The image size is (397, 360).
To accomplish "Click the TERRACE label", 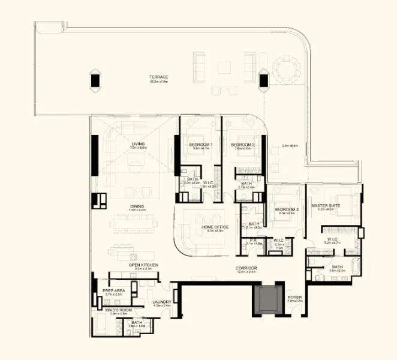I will tap(159, 77).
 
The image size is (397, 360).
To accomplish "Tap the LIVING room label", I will tap(139, 145).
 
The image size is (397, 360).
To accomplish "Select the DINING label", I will tap(137, 206).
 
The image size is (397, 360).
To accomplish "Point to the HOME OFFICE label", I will tap(213, 226).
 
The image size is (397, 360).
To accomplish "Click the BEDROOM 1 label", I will tap(198, 145).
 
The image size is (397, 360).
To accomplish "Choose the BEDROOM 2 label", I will tap(243, 145).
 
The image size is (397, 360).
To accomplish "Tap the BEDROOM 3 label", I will tap(287, 209).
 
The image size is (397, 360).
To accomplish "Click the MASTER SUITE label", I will tap(326, 206).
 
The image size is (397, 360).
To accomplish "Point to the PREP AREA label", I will tap(114, 290).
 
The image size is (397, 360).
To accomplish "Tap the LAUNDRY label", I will tap(162, 302).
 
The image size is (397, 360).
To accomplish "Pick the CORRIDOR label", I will tap(246, 268).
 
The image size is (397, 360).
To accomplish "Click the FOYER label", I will tap(294, 296).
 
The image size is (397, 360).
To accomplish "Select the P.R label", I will tap(254, 240).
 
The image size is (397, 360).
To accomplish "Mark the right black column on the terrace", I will tap(263, 80).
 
